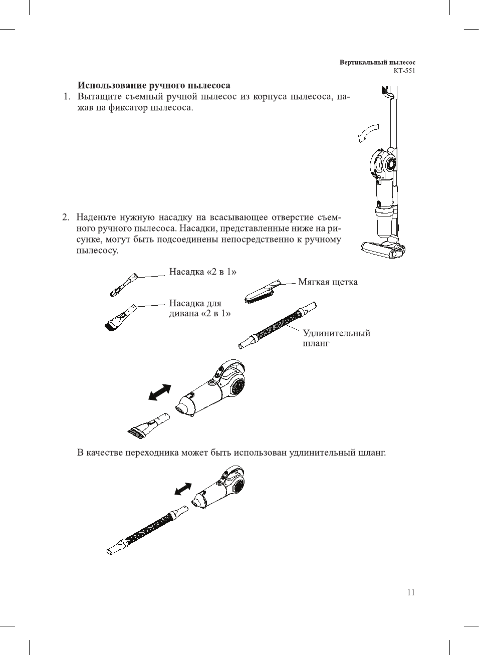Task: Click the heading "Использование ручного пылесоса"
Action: [x=154, y=86]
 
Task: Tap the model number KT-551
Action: [x=404, y=71]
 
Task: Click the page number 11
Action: [x=411, y=592]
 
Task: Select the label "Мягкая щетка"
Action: [x=328, y=282]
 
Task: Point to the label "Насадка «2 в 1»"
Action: [x=202, y=272]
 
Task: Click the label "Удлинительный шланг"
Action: [x=336, y=338]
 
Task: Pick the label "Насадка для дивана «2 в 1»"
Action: [x=200, y=308]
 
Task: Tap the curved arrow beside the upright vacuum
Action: [x=367, y=133]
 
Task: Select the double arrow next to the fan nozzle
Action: [x=160, y=392]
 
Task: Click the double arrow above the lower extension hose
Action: [x=183, y=489]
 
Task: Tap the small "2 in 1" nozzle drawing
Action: [x=123, y=284]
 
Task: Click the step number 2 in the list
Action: [x=66, y=217]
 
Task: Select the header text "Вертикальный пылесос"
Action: [x=377, y=63]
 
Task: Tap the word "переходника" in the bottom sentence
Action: [x=152, y=453]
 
